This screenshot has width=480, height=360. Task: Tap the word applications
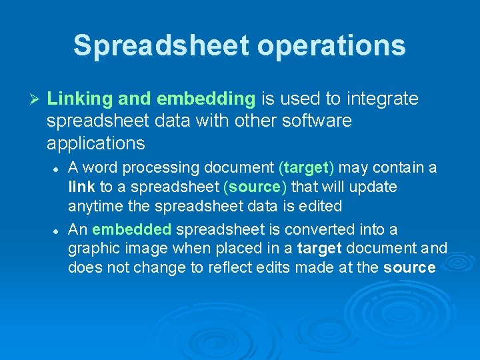click(x=95, y=143)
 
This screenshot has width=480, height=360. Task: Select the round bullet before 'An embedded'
click(x=57, y=229)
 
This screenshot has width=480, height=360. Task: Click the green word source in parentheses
click(x=254, y=187)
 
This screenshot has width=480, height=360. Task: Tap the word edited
click(x=321, y=207)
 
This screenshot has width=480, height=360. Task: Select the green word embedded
click(x=132, y=229)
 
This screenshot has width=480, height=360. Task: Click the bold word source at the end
click(x=409, y=268)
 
